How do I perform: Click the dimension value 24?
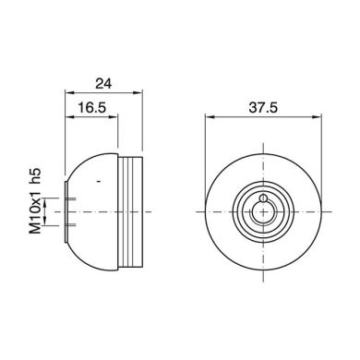click(x=102, y=82)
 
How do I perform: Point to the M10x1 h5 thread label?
click(x=36, y=198)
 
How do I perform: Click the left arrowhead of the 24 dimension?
click(x=67, y=92)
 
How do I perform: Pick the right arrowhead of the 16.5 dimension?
click(x=117, y=118)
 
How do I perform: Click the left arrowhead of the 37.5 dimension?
click(x=206, y=118)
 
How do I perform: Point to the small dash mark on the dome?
click(x=97, y=186)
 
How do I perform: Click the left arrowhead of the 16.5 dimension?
click(x=67, y=118)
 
